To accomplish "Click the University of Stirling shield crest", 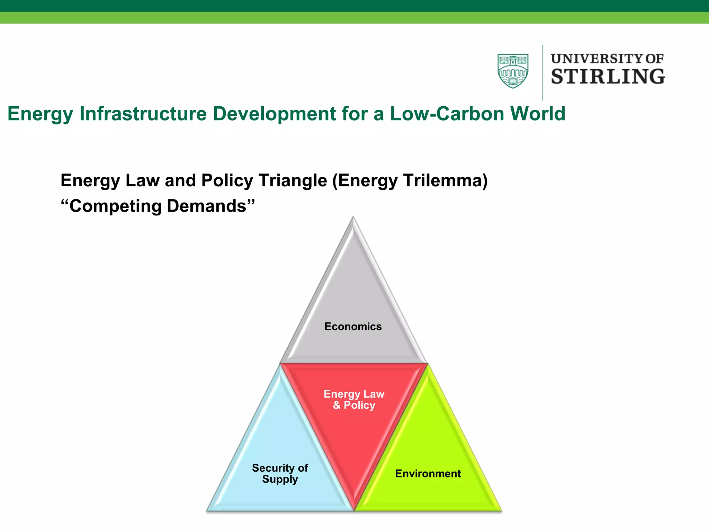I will coord(513,71).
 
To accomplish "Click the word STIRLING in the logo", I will coord(608,77).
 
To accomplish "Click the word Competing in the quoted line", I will coord(115,206).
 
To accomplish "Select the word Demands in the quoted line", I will coord(206,206).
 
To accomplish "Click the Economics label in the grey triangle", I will coord(353,327).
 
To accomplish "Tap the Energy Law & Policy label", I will coord(354,400).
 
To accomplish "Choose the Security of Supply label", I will coord(280,473).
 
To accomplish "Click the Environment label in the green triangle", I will coord(428,473).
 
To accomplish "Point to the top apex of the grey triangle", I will coord(353,218).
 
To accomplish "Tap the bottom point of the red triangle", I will coord(354,509).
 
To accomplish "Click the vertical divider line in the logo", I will coord(542,73).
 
